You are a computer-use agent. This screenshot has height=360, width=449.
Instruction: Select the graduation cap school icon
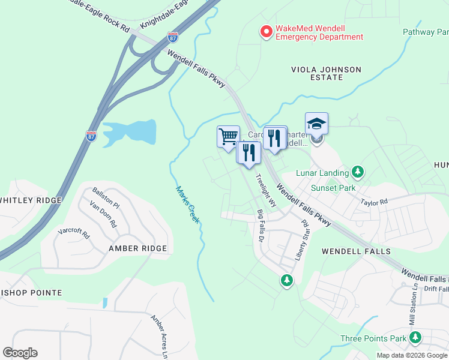click(316, 124)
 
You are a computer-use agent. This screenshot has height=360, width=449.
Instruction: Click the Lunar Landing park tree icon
click(358, 173)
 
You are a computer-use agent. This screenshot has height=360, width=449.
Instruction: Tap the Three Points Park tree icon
click(415, 338)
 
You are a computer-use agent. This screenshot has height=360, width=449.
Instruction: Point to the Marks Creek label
click(188, 205)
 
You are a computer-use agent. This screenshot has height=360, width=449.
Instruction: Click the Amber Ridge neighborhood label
click(137, 248)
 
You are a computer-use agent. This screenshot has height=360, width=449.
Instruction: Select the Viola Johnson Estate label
click(326, 73)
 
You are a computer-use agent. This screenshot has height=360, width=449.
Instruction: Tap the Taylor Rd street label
click(374, 203)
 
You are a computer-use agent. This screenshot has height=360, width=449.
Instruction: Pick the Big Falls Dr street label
click(261, 225)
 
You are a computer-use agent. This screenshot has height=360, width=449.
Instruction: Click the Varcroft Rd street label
click(73, 232)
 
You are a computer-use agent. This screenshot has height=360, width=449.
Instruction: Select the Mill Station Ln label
click(414, 310)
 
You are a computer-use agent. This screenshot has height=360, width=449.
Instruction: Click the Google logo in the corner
click(20, 353)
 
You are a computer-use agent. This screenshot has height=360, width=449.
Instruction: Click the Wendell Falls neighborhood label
click(356, 251)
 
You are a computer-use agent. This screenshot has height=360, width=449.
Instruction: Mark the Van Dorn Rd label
click(102, 214)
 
